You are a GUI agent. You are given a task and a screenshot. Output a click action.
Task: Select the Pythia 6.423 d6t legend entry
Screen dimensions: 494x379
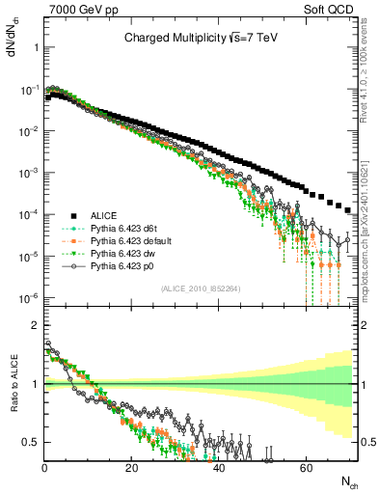coord(126,228)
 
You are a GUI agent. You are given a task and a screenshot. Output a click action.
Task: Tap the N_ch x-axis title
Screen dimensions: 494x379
coord(349,480)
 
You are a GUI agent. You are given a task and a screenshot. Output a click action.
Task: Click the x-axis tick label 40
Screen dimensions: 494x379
coord(218,466)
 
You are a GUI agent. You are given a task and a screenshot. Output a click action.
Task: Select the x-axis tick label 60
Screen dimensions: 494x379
coord(305,466)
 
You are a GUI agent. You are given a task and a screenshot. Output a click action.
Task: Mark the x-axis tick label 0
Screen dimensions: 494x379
coord(45,466)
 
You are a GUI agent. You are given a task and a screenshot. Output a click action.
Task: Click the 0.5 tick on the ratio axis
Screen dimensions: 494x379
coord(32,442)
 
